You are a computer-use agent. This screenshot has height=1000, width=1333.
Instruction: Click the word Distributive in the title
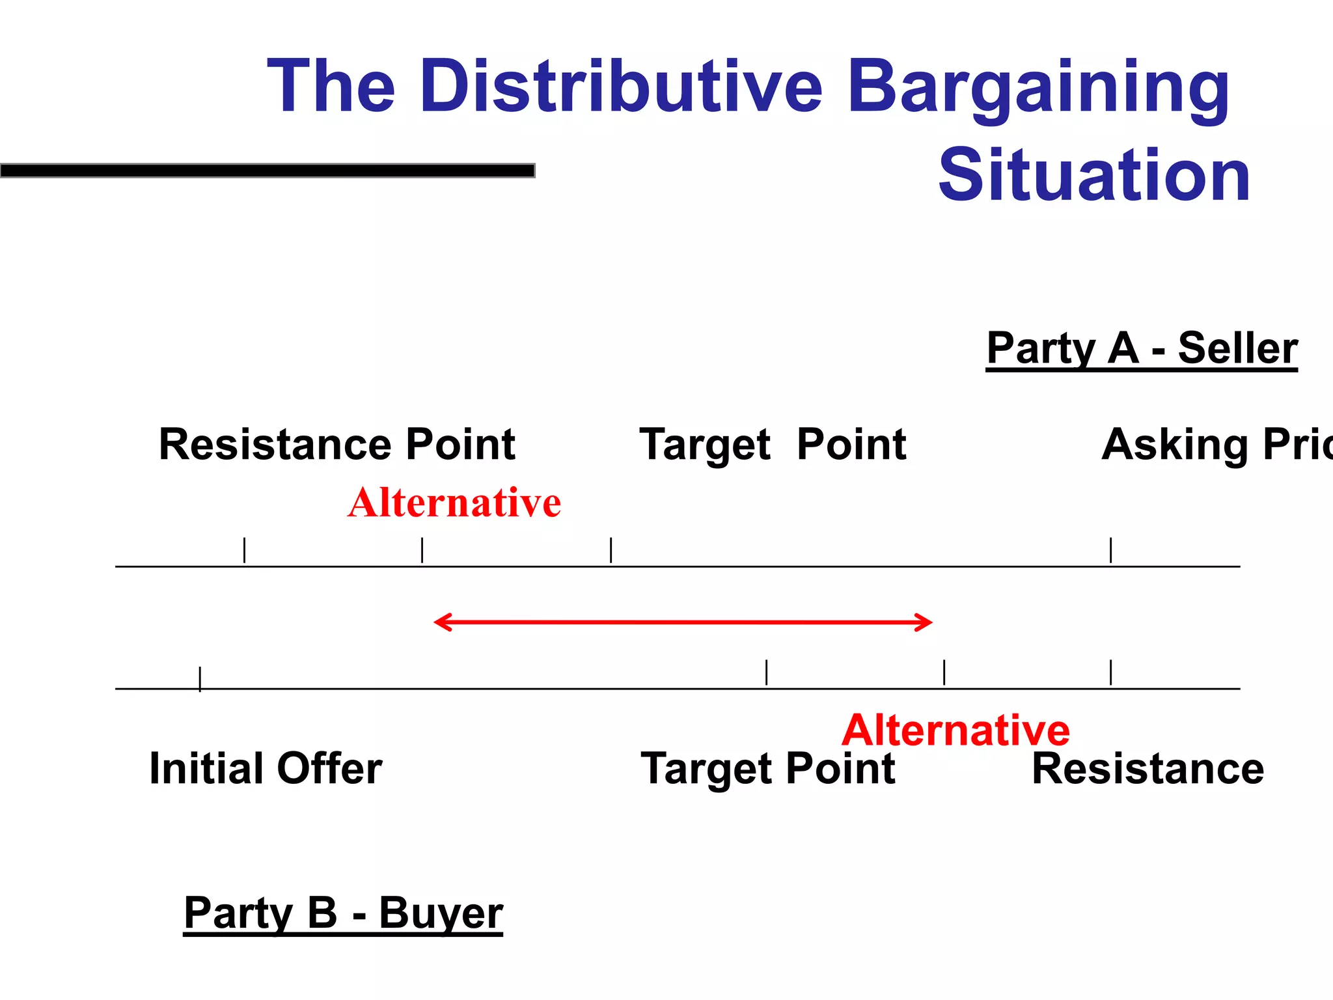pyautogui.click(x=622, y=87)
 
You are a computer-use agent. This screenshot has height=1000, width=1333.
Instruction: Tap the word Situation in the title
pyautogui.click(x=1094, y=174)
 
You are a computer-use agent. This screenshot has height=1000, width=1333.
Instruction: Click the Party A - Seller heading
pyautogui.click(x=1142, y=349)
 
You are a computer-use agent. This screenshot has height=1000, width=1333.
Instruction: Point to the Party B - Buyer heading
pyautogui.click(x=343, y=913)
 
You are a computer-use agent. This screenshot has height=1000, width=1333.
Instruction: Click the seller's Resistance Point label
pyautogui.click(x=337, y=445)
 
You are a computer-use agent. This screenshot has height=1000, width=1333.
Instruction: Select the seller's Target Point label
pyautogui.click(x=773, y=445)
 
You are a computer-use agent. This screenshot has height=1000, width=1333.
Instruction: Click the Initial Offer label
pyautogui.click(x=266, y=768)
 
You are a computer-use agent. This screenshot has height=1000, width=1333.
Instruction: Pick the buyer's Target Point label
pyautogui.click(x=768, y=768)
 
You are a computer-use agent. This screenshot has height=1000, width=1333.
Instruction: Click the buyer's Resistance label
pyautogui.click(x=1147, y=768)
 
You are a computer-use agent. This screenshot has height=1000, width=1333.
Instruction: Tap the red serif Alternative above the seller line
pyautogui.click(x=454, y=503)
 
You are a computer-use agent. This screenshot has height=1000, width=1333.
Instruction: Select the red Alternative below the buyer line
pyautogui.click(x=955, y=730)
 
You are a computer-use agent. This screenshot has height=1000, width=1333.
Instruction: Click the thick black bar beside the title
pyautogui.click(x=268, y=171)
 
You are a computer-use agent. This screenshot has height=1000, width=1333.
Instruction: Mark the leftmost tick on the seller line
pyautogui.click(x=244, y=550)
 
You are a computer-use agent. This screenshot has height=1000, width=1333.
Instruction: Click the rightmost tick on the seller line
pyautogui.click(x=1110, y=550)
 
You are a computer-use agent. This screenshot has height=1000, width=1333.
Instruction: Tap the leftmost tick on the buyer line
pyautogui.click(x=200, y=678)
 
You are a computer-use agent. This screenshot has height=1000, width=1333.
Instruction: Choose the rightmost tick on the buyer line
pyautogui.click(x=1110, y=672)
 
